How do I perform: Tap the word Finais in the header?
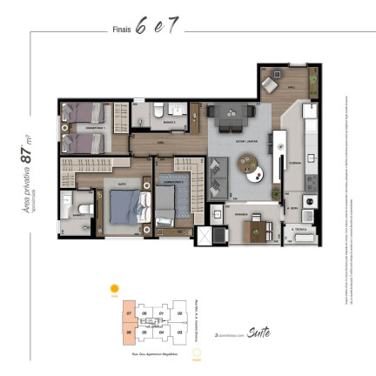[x=122, y=29]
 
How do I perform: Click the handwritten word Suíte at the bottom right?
[x=258, y=332]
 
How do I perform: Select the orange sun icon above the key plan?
[x=112, y=288]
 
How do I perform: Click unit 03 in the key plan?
[x=178, y=332]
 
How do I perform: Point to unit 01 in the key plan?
[x=161, y=314]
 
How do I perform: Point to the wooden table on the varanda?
[x=257, y=229]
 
